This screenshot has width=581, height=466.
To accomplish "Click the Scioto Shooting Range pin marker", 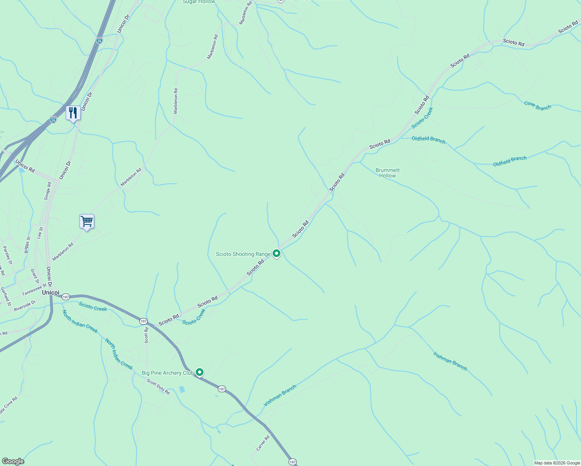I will coord(277,254).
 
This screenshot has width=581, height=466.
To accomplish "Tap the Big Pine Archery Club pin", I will coord(200,372).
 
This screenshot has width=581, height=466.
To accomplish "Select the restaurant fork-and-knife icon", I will coord(73,113).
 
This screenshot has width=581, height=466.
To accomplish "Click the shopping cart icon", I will coord(87,221).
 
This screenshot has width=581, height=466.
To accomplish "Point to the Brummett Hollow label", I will coord(387,173).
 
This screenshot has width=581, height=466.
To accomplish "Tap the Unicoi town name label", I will coord(50,292).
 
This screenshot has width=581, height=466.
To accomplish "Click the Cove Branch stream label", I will coord(538,106).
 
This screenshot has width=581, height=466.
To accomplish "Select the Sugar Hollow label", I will coord(199,2).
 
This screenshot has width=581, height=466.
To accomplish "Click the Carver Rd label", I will coord(263,443).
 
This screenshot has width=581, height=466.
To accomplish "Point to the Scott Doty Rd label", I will coord(158,387).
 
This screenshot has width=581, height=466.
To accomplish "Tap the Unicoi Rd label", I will coord(25,166).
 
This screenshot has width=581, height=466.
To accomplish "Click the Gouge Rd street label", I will coord(47,191).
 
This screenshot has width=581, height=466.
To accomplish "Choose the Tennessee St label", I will coord(34,289).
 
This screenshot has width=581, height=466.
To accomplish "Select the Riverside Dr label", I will coord(24,306).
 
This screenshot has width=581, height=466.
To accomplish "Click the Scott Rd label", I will coord(146,335).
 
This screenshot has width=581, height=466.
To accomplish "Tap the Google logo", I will coord(13,461).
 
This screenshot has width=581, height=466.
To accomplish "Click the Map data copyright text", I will coord(557,463).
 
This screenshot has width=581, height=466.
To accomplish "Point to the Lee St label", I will coord(40,233).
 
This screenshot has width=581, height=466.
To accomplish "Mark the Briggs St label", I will coord(27,245).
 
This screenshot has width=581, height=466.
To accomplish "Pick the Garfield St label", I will coord(5,296).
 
